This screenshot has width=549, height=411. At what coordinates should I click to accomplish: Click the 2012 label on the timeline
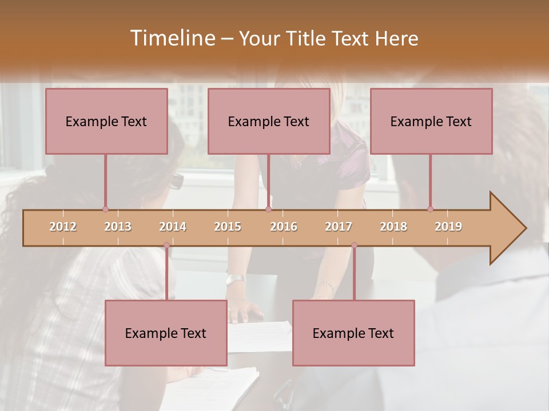click(63, 227)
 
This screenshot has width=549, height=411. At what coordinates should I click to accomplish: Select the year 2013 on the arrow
click(118, 227)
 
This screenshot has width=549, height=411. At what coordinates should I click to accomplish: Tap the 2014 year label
click(173, 227)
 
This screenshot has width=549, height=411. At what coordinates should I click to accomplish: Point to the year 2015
click(228, 227)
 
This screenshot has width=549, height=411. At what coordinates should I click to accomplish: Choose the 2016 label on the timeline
click(284, 227)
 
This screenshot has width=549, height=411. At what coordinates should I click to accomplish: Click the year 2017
click(339, 227)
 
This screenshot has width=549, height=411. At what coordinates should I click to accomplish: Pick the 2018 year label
click(393, 227)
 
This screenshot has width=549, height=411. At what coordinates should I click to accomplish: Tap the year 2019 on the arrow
click(448, 227)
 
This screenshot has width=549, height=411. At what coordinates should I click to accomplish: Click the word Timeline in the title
click(172, 38)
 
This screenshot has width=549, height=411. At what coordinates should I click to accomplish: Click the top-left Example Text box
click(106, 121)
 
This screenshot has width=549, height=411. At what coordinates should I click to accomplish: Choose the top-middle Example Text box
click(269, 121)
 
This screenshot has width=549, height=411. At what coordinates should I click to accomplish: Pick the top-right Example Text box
click(431, 121)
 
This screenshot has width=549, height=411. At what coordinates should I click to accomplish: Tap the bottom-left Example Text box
click(166, 333)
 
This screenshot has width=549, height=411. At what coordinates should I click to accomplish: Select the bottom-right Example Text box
click(353, 333)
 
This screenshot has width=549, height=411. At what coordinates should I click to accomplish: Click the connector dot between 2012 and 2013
click(105, 209)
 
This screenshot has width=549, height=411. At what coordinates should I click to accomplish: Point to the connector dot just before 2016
click(268, 209)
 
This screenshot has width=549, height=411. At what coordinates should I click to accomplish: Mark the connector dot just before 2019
click(430, 209)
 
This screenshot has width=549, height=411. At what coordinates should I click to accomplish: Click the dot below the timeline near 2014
click(166, 245)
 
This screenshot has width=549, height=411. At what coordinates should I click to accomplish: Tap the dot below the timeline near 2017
click(354, 245)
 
